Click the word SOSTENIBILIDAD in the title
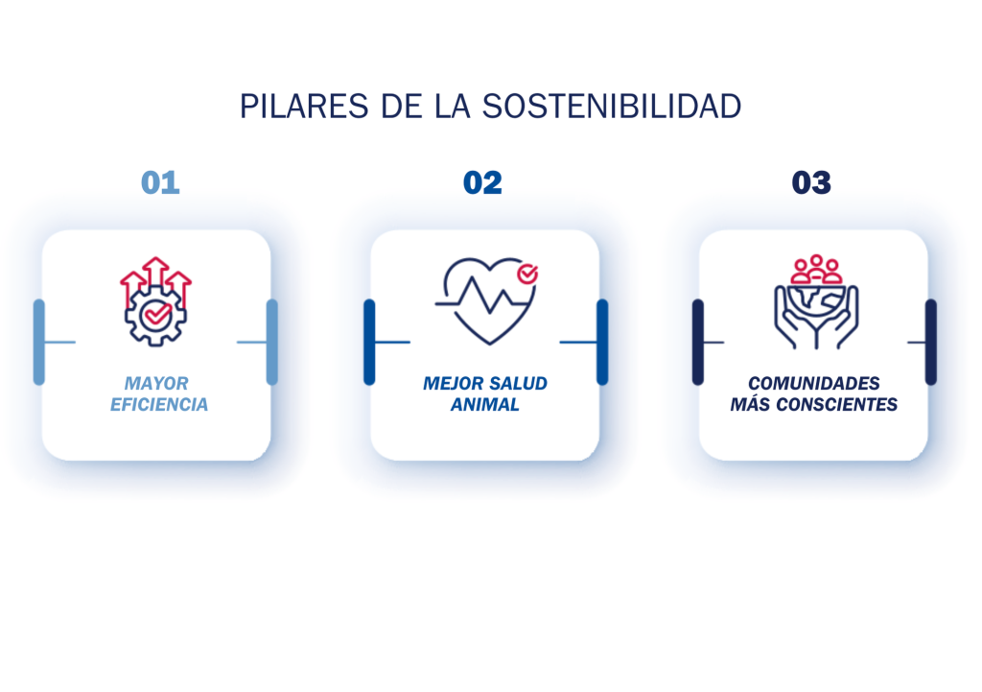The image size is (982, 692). pos(612,107)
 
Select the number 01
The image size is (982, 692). pos(160,182)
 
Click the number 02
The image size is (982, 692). pos(482,182)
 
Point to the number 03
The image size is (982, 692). pos(811,182)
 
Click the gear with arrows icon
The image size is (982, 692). pos(155,301)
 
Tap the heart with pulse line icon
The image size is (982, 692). pos(484,299)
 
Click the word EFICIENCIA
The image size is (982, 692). pos(159,405)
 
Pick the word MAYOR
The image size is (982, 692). pos(156,384)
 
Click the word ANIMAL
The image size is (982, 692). pos(485,405)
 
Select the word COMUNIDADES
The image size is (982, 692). pos(814,384)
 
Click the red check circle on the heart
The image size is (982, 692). pos(526,274)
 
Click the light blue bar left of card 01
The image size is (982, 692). pos(39,342)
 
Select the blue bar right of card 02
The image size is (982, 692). pos(602,342)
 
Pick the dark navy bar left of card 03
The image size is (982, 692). pos(698,342)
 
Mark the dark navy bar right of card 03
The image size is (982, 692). pos(930,342)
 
